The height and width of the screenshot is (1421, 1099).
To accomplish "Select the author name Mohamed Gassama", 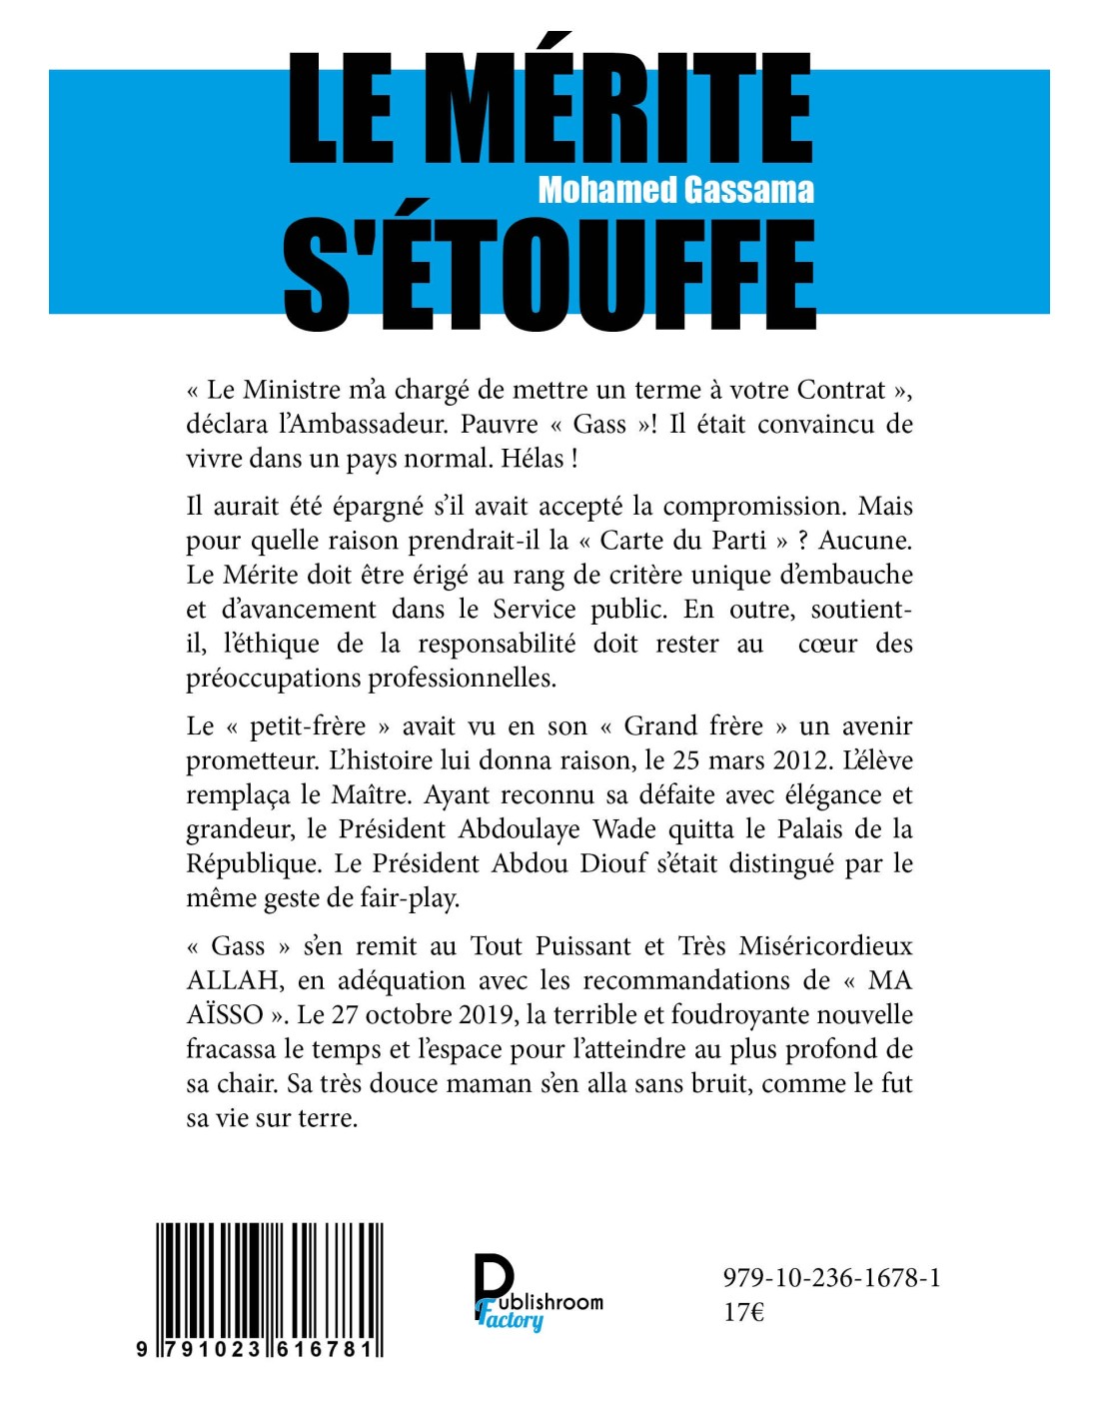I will click(x=675, y=189).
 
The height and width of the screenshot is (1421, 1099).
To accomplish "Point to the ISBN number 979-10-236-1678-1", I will click(x=831, y=1278).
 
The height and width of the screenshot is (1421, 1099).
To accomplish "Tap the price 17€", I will click(x=743, y=1312).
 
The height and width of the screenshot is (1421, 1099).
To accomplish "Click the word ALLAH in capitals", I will click(x=233, y=980).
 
